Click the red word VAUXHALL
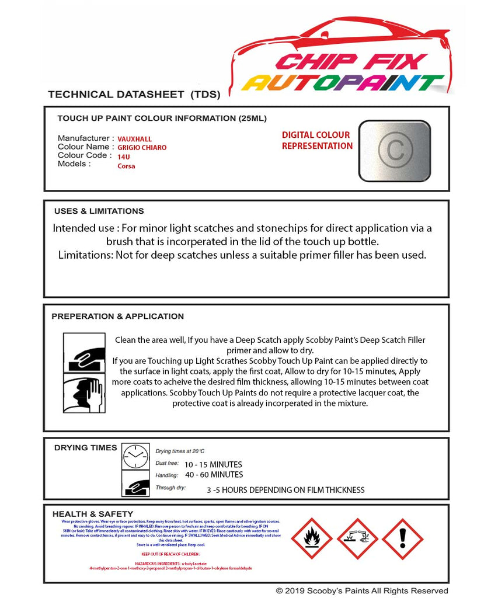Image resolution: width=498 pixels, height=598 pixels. coord(134,139)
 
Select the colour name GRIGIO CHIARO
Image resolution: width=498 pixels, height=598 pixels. coord(142,148)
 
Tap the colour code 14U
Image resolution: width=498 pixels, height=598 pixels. coord(123,157)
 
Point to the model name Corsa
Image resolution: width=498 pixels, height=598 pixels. coord(126,166)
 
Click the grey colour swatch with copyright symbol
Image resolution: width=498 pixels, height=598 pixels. coord(395,150)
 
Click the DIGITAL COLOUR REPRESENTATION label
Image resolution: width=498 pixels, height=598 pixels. coord(316,140)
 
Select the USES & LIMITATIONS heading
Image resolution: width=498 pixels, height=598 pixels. coord(99,211)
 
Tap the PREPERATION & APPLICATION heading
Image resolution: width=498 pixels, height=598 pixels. coord(117,316)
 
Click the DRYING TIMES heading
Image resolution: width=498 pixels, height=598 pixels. coord(85,448)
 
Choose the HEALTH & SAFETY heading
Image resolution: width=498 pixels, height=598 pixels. coord(92,514)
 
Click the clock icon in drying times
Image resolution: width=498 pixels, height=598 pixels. coord(136,456)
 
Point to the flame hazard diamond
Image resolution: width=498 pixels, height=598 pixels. coord(312,538)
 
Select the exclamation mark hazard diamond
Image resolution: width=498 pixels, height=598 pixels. coord(402,538)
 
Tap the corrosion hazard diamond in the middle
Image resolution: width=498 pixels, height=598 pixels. coord(357,538)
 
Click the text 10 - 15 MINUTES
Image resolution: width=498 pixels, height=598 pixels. coord(213,465)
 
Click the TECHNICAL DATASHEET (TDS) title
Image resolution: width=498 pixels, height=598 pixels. coord(134,94)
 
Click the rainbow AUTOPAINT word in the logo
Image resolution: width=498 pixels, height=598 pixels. coord(343,83)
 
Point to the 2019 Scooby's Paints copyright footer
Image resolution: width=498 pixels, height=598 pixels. coord(362,591)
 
